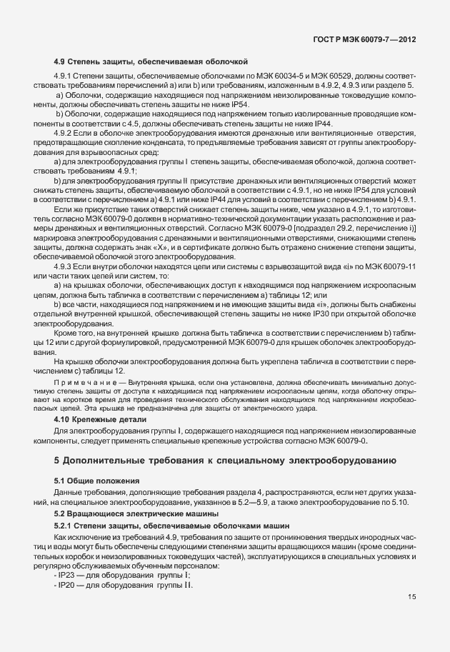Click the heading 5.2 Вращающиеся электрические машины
(x=126, y=513)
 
